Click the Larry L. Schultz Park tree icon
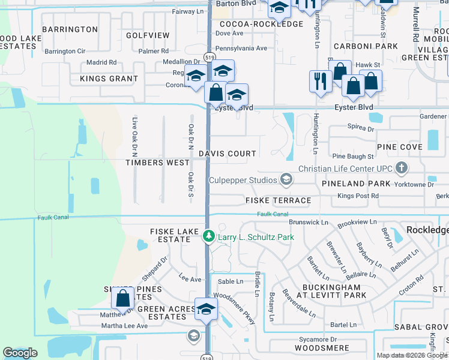(x=208, y=236)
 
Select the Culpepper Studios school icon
(x=286, y=179)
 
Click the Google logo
(x=20, y=353)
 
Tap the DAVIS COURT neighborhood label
(x=228, y=154)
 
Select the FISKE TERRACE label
(x=279, y=200)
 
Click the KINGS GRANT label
(x=109, y=79)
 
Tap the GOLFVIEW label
(x=148, y=36)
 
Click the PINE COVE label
(x=400, y=147)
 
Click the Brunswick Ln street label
(x=309, y=222)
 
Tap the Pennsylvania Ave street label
(x=241, y=48)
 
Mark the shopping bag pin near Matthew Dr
(x=123, y=298)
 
